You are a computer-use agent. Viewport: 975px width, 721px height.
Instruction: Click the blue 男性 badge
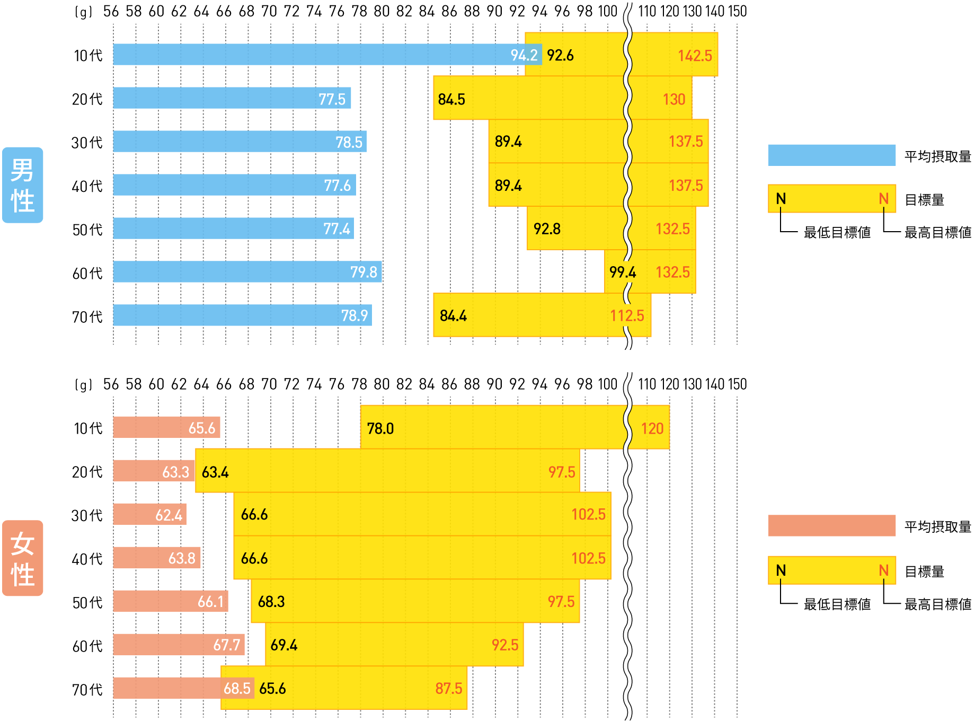(22, 185)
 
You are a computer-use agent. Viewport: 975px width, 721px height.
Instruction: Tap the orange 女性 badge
(22, 558)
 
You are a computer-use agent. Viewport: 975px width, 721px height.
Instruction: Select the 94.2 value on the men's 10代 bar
(524, 55)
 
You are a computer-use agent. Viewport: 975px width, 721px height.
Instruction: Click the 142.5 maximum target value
(695, 56)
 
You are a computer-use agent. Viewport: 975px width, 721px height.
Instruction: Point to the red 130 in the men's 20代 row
(673, 99)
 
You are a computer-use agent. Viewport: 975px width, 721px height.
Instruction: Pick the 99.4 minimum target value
(622, 272)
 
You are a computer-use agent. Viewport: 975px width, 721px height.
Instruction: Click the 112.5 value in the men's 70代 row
(626, 316)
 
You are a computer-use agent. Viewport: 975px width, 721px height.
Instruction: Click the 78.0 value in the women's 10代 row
(380, 428)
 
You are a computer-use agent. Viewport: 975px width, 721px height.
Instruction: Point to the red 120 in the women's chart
(652, 428)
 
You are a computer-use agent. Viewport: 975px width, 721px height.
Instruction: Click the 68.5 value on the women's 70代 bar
(236, 688)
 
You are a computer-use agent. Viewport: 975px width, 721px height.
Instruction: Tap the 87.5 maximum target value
(448, 688)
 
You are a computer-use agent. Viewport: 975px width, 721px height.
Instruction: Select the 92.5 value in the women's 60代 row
(504, 645)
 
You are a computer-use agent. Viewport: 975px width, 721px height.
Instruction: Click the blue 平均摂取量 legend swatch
(831, 155)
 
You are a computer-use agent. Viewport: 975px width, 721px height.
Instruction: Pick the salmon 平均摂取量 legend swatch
(831, 526)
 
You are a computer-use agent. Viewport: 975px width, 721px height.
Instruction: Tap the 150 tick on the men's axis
(737, 11)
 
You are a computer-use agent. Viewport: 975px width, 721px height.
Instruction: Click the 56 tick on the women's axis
(111, 384)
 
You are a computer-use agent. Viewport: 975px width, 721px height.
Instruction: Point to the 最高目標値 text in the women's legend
(937, 604)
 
